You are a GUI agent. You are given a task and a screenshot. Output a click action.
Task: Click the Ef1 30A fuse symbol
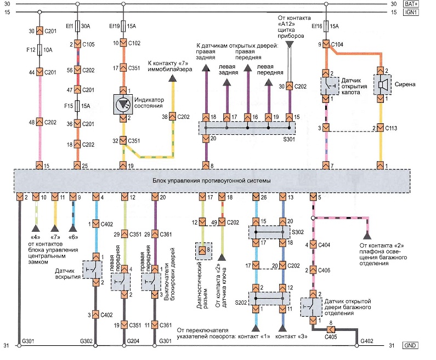pos(77,26)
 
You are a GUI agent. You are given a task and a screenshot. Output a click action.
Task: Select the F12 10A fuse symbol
pos(39,50)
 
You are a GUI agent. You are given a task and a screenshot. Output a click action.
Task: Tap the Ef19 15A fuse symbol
pos(123,26)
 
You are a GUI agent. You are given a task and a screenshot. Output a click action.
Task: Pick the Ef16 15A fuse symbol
pos(326,26)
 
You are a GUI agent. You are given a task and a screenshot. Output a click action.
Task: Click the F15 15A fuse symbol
pos(77,106)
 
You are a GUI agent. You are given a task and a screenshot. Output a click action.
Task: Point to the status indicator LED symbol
pos(123,105)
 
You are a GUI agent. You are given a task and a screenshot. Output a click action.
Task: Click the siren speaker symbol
pos(382,84)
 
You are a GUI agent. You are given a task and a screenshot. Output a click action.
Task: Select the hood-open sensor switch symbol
pos(330,86)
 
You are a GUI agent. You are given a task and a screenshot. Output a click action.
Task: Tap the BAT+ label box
pos(411,4)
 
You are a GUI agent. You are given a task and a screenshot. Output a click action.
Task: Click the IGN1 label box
pos(411,12)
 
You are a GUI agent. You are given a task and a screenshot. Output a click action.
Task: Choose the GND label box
pos(410,346)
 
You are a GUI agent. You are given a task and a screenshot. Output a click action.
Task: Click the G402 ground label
pos(367,341)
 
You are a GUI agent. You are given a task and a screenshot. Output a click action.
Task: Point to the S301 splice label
pos(289,139)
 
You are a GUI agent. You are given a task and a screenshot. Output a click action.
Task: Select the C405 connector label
pos(331,337)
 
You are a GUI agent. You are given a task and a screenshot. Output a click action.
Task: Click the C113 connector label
pos(391,128)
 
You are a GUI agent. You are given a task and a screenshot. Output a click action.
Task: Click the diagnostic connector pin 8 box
pos(203,251)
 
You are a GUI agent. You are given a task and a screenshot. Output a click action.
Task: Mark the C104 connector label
pos(337,44)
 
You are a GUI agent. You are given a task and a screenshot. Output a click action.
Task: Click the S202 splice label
pos(241,302)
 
